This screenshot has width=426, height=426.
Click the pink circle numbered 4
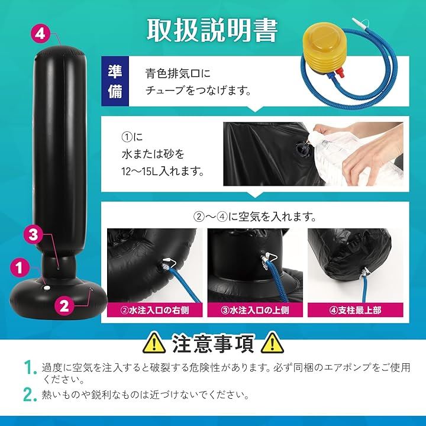click(x=40, y=34)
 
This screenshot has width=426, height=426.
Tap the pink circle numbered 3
click(x=33, y=234)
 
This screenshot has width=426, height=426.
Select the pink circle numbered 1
click(x=20, y=268)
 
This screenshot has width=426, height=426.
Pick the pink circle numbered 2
click(x=64, y=306)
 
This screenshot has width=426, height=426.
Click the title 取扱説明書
click(x=212, y=30)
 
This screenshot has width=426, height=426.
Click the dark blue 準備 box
click(x=115, y=81)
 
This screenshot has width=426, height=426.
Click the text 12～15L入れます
click(x=163, y=172)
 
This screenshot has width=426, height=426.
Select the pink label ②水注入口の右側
click(x=154, y=310)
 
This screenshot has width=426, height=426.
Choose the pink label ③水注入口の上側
click(x=255, y=310)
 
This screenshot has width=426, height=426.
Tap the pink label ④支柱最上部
click(x=356, y=310)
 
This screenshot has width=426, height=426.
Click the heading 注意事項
click(x=213, y=343)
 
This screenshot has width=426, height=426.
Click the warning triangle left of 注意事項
click(x=154, y=343)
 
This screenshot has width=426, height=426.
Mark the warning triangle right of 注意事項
click(x=272, y=343)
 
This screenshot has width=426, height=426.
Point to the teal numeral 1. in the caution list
click(x=30, y=367)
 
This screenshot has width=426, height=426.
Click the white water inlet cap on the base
click(x=47, y=288)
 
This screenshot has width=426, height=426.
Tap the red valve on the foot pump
click(x=340, y=73)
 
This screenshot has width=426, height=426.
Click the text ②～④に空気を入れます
click(x=255, y=217)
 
